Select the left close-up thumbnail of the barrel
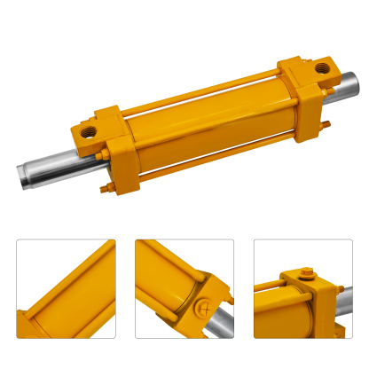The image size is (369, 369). (x=66, y=288)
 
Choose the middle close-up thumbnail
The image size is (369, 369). (x=184, y=288)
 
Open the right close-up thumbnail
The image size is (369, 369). (x=303, y=288)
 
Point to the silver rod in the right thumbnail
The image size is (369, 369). (x=342, y=302)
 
